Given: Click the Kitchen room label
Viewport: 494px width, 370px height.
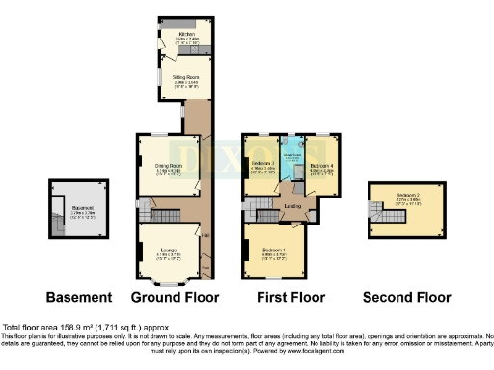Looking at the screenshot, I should pyautogui.click(x=174, y=35).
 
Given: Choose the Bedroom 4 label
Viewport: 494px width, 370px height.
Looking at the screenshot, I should pyautogui.click(x=321, y=166).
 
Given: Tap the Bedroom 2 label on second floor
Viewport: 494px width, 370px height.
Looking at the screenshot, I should pyautogui.click(x=409, y=202).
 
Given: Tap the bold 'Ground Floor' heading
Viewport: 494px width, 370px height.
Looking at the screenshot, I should pyautogui.click(x=175, y=297).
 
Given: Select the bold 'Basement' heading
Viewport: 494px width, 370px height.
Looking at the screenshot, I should pyautogui.click(x=74, y=297).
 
